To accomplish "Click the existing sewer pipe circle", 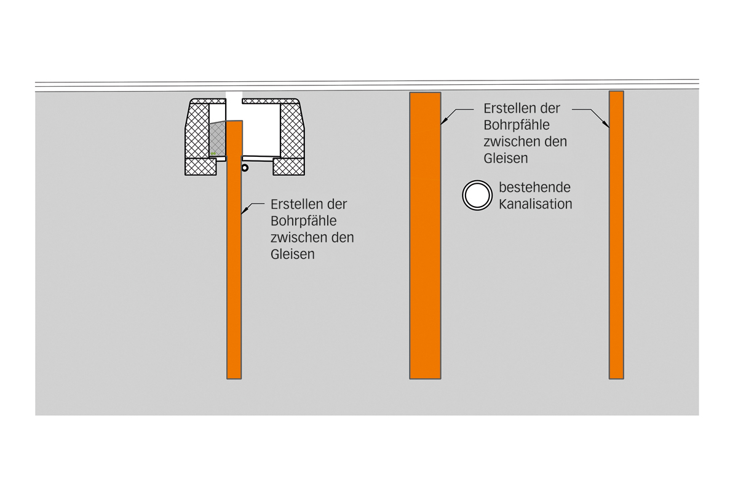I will coord(477,196).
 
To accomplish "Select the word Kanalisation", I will coord(535,204).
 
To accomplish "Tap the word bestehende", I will coord(534,188).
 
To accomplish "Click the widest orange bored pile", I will coord(425,246).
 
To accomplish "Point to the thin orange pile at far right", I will coord(616,246).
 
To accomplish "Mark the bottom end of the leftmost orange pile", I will coord(234,376).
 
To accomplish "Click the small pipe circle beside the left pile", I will coord(245,167).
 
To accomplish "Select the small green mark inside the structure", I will coord(213,152).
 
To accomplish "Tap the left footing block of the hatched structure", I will coord(201,166).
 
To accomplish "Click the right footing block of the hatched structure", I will coord(288,166).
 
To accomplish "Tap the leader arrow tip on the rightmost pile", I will coord(609,127).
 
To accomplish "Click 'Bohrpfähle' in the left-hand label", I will coord(303,221).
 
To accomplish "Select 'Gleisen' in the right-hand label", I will coord(506,158).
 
